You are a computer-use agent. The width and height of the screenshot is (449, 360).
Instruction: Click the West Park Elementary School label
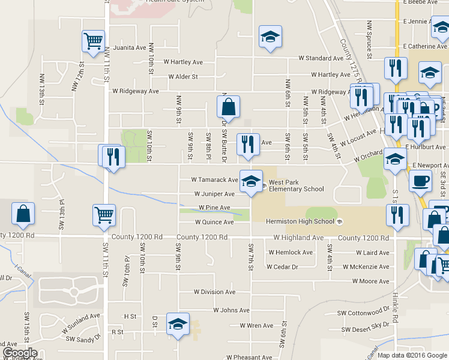(x=296, y=185)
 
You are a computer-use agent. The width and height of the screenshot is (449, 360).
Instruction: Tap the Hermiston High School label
(x=300, y=222)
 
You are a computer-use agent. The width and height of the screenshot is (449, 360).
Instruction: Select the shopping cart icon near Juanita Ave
(x=93, y=41)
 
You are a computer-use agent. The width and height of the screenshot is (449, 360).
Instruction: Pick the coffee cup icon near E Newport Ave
(x=420, y=179)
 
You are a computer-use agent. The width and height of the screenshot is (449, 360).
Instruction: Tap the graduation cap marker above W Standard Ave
(x=270, y=37)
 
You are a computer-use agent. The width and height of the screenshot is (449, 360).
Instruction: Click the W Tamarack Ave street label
(x=214, y=179)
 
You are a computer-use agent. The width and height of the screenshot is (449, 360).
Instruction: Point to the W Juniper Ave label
(x=214, y=194)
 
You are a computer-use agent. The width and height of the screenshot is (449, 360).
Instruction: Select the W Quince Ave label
(x=214, y=222)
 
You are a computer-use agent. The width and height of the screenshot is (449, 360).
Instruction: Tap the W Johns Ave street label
(x=231, y=310)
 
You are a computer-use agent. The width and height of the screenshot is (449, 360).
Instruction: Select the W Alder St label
(x=183, y=77)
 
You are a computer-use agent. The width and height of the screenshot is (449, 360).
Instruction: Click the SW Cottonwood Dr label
(x=363, y=313)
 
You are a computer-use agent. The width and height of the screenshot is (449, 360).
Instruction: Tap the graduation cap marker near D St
(x=178, y=325)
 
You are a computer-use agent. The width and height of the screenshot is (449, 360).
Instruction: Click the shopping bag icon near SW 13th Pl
(x=23, y=214)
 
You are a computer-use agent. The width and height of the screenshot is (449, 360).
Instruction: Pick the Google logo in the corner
(x=19, y=353)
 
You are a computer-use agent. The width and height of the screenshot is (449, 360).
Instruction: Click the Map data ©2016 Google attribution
(x=412, y=355)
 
